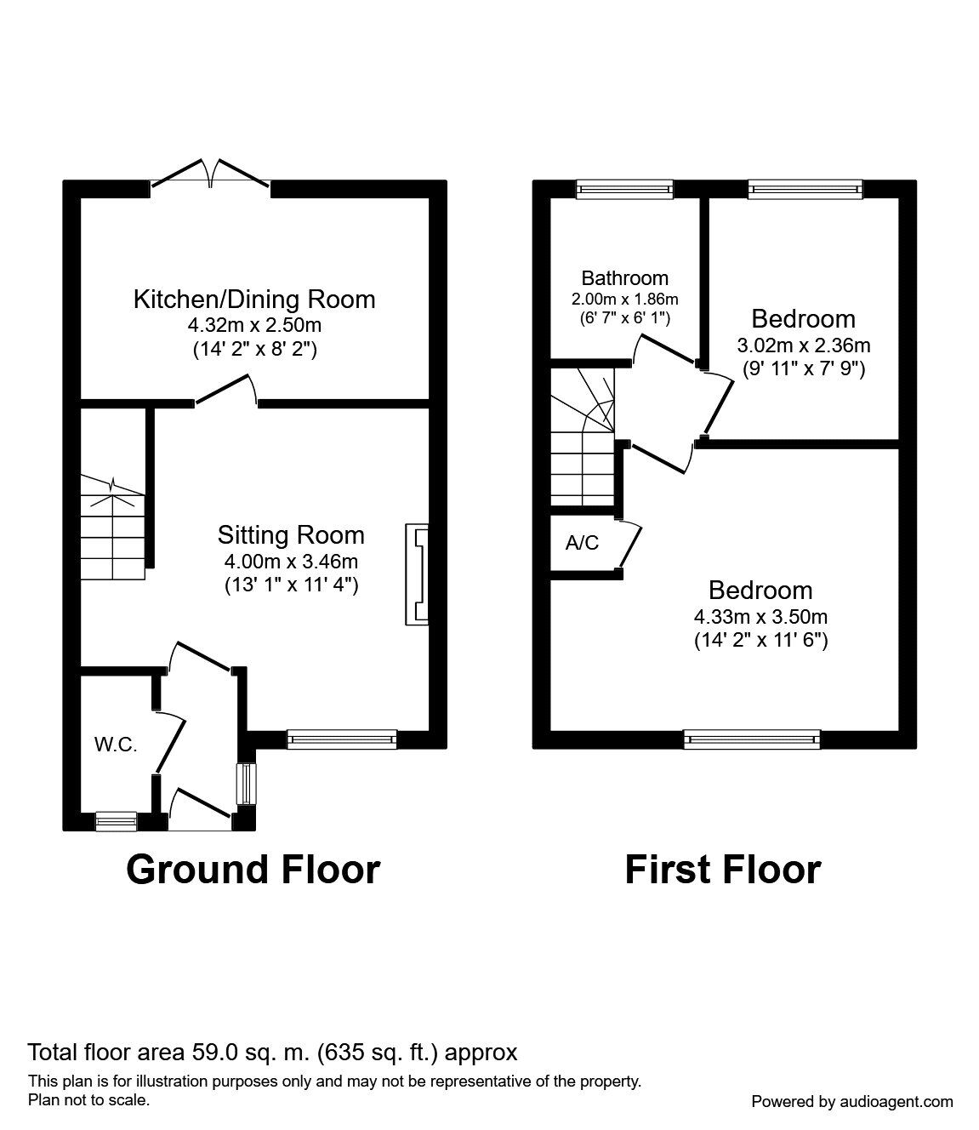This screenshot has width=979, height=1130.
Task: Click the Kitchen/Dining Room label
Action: (254, 300)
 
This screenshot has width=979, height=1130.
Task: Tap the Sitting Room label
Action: (291, 535)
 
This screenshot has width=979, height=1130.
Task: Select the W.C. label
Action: (116, 745)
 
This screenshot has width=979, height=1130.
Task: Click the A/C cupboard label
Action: (582, 543)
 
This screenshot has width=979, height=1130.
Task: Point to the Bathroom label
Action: (624, 278)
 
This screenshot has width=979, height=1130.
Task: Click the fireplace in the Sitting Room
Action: (417, 574)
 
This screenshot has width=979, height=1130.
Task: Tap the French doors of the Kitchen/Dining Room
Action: (211, 173)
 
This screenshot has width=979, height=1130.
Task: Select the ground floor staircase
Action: (113, 528)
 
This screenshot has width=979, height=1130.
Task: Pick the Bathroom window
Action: (624, 189)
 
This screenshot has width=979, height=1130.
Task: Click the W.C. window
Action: (116, 821)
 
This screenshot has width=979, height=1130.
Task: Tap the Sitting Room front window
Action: (342, 739)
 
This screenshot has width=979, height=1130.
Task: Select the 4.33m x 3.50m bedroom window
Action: (752, 739)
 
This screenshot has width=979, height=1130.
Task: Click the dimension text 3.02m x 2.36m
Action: (803, 345)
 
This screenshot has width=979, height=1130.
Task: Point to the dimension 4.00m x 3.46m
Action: (291, 562)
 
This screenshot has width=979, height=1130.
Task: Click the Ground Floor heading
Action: (253, 870)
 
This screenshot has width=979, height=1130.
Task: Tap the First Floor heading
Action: (722, 870)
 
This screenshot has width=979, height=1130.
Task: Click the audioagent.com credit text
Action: (852, 1102)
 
